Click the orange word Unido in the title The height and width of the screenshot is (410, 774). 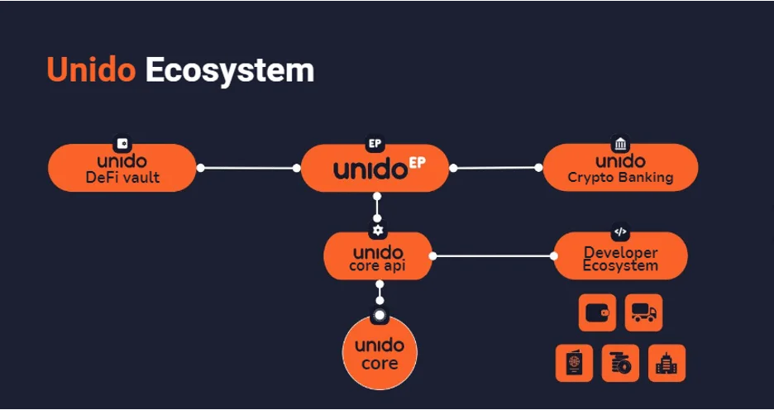coord(91,70)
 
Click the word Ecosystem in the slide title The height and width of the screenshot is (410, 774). coord(229,71)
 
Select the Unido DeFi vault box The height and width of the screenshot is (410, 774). coord(122,169)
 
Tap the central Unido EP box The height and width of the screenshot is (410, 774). coord(375,169)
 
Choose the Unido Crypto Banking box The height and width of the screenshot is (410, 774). coord(620,168)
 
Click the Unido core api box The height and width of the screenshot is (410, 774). coord(378,257)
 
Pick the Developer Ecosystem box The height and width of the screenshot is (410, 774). coord(620,257)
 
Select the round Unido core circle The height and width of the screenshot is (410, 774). coord(380,352)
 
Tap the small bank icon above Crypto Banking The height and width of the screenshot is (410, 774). coord(620,143)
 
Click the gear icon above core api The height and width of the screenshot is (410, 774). coord(378,231)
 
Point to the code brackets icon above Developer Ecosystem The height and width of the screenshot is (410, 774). coord(620,231)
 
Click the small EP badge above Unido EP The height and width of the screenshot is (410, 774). coord(375,143)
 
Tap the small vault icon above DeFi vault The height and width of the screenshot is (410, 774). coord(123,143)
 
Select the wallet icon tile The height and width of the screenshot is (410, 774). coord(597,312)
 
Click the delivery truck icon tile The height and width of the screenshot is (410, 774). coord(643,312)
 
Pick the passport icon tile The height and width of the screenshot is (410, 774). coord(574,363)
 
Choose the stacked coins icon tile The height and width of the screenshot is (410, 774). coord(620,363)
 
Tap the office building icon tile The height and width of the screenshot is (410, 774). coord(666,363)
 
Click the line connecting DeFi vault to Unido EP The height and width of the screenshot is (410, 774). coord(248,168)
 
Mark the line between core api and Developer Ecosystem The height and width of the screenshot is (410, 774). coord(493,256)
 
